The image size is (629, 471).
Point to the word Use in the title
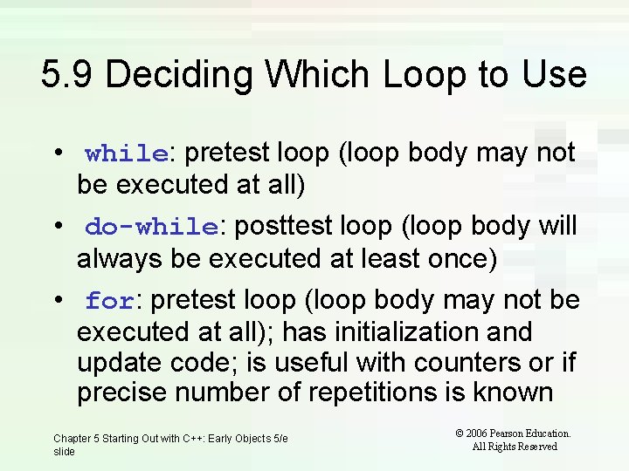(554, 74)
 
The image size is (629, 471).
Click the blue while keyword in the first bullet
(127, 154)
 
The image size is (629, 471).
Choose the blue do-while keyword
(151, 228)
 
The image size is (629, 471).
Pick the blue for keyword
(109, 302)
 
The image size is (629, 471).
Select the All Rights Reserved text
(515, 447)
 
